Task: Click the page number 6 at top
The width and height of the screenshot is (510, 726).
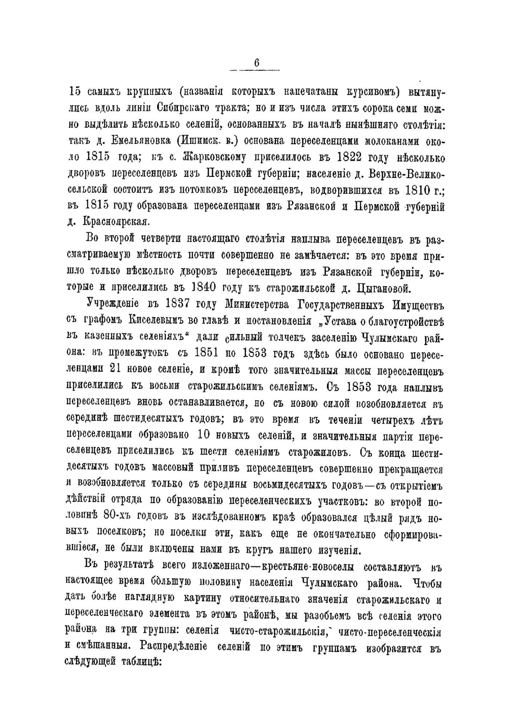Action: pyautogui.click(x=257, y=62)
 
